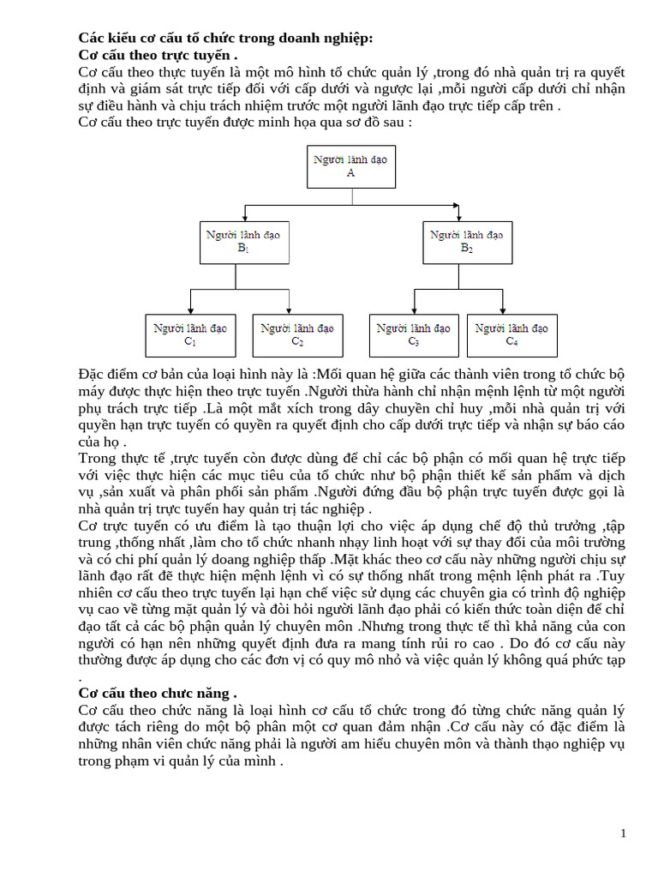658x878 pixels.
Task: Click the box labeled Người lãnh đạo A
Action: pos(350,166)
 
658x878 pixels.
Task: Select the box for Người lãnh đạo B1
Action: pos(242,242)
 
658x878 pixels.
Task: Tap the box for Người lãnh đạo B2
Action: pos(466,242)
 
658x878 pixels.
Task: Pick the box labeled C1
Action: pos(190,335)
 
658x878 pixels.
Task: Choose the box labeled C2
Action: pos(296,335)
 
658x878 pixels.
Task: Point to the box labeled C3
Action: pos(413,335)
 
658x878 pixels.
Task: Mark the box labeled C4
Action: pos(511,335)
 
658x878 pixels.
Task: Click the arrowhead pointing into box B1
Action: pos(245,217)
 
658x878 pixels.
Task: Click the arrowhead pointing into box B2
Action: pos(465,217)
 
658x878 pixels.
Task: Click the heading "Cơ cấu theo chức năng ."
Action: pos(158,692)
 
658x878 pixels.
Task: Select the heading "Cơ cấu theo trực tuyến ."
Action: pos(158,56)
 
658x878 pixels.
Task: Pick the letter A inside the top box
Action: pos(350,172)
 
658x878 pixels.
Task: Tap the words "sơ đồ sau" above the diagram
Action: pos(374,123)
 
